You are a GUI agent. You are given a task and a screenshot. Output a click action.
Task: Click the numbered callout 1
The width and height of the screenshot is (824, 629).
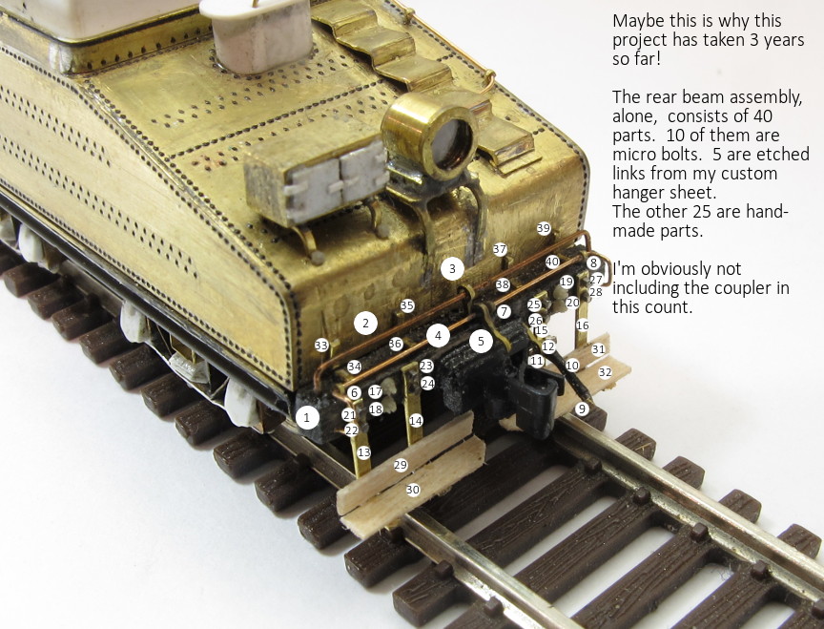pos(307,418)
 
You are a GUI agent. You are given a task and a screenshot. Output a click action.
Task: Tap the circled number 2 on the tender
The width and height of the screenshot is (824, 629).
pos(366,323)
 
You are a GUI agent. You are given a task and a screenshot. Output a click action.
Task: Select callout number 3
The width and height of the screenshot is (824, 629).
pos(452,269)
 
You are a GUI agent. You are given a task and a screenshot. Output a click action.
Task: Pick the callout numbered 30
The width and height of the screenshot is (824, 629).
pos(413,490)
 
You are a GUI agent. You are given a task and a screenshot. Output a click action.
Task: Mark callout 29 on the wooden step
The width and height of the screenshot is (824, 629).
pos(401,465)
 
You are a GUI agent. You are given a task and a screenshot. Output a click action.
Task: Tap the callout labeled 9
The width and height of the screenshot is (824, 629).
pos(581,409)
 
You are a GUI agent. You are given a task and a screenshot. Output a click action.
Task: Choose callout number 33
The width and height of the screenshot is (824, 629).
pos(321,346)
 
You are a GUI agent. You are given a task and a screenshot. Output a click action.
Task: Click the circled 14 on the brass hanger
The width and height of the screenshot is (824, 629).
pos(416,421)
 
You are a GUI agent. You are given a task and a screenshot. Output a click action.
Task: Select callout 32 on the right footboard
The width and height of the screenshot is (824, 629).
pos(606,372)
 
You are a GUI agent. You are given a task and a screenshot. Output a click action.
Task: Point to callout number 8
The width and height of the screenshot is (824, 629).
pos(593,263)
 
